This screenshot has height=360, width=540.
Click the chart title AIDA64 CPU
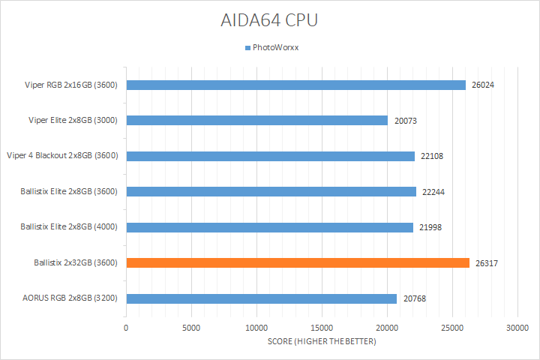(x=269, y=20)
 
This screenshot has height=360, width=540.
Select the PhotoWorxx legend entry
(x=273, y=48)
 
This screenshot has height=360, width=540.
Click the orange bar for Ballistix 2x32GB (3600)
(x=298, y=262)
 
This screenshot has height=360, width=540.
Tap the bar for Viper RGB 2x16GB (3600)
(x=295, y=85)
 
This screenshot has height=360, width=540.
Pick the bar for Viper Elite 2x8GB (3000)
(x=256, y=120)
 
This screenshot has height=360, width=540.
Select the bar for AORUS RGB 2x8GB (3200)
(x=261, y=298)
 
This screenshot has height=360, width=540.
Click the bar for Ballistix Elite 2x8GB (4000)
(x=269, y=227)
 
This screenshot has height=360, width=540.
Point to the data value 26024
(x=483, y=85)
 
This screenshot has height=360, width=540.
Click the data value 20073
(x=405, y=120)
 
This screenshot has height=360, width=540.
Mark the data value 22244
(x=433, y=191)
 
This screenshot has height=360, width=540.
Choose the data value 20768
(x=414, y=298)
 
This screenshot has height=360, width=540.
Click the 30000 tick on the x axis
(x=517, y=328)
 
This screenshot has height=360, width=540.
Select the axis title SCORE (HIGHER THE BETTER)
(x=322, y=342)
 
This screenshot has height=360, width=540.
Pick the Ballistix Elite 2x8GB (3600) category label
(x=69, y=191)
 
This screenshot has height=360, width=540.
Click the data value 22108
(x=432, y=156)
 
